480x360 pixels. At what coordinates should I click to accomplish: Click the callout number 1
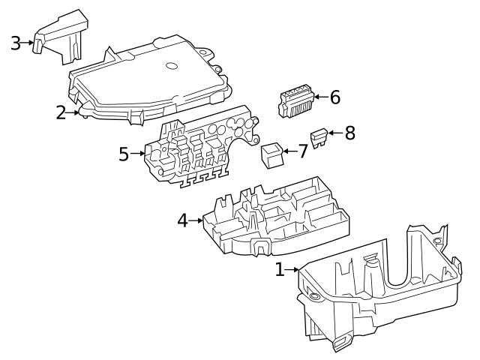280,269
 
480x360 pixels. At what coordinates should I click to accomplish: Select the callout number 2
61,113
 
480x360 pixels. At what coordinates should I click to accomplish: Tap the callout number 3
15,43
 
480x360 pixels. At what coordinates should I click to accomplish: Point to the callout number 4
182,220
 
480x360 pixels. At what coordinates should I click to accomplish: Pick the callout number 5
124,154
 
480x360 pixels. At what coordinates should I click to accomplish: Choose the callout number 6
334,97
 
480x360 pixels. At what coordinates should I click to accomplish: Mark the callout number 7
302,151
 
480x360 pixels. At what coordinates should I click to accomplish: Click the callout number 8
349,133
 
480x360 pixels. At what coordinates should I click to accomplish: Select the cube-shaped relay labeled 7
271,154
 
